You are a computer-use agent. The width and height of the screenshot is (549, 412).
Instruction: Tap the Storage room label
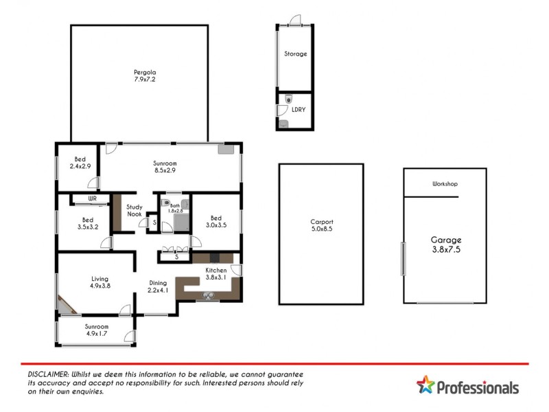(296, 54)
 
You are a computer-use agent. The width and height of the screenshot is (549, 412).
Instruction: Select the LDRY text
(299, 110)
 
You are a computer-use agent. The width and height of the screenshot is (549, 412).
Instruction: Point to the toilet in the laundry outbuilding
(288, 98)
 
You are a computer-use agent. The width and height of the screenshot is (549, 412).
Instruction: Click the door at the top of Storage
(295, 21)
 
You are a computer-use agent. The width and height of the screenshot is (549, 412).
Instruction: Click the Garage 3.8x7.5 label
(446, 245)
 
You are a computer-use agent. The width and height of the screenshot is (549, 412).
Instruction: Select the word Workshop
(445, 184)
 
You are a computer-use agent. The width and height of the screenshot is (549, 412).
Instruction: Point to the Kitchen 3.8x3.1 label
(216, 274)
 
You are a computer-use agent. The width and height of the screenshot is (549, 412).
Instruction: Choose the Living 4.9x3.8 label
(100, 283)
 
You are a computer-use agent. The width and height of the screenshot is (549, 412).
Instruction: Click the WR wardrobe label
(92, 199)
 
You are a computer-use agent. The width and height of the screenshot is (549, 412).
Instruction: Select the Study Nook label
(135, 210)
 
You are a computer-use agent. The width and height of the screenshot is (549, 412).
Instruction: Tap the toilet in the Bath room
(165, 203)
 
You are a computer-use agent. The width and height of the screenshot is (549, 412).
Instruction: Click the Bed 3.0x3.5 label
(215, 222)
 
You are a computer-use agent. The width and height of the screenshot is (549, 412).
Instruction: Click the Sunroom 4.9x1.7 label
(96, 330)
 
